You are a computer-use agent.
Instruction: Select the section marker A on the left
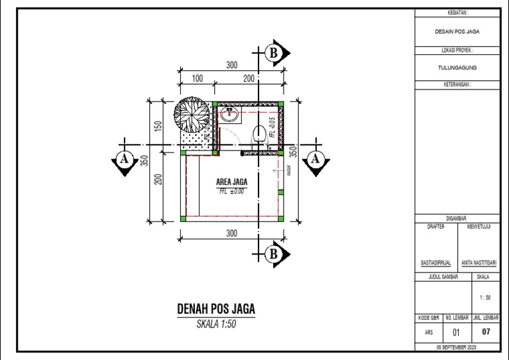point(123,160)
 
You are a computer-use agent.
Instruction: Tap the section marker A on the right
point(315,160)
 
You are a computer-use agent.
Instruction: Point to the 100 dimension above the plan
point(197,79)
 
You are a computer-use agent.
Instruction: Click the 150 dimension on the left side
point(158,126)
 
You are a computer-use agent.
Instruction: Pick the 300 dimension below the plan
point(231,233)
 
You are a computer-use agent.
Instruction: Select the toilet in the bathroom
point(259,133)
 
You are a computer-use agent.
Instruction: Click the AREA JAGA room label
point(231,182)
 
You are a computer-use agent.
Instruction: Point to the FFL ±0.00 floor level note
point(231,191)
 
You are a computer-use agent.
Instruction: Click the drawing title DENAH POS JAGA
point(216,310)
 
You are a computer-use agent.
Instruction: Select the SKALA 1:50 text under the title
point(216,324)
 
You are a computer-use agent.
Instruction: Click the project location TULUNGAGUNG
point(457,68)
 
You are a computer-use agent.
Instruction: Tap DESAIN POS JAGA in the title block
point(457,31)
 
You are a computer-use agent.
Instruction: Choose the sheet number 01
point(456,333)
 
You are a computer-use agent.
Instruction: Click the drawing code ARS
point(427,333)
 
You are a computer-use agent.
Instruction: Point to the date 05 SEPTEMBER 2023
point(457,347)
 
